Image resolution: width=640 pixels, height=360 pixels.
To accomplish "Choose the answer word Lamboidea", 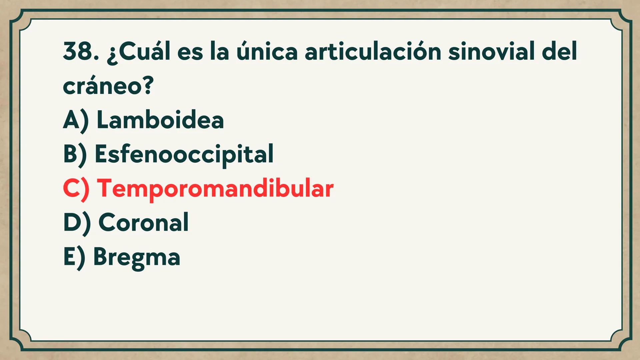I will pyautogui.click(x=160, y=120).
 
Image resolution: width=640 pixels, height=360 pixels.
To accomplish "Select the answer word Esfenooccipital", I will pyautogui.click(x=184, y=154).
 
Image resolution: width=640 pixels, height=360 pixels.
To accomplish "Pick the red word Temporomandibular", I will pyautogui.click(x=215, y=188).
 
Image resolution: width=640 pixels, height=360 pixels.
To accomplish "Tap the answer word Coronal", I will pyautogui.click(x=143, y=222).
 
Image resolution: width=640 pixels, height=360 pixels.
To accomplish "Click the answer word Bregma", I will pyautogui.click(x=137, y=257).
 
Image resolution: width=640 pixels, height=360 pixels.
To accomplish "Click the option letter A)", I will pyautogui.click(x=76, y=120).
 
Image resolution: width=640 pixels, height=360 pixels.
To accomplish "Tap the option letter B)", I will pyautogui.click(x=75, y=154).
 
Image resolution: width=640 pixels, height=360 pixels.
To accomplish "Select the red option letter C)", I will pyautogui.click(x=76, y=188).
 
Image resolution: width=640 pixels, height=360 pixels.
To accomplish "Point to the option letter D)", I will pyautogui.click(x=77, y=222).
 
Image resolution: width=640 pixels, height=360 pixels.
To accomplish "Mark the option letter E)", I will pyautogui.click(x=74, y=257).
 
